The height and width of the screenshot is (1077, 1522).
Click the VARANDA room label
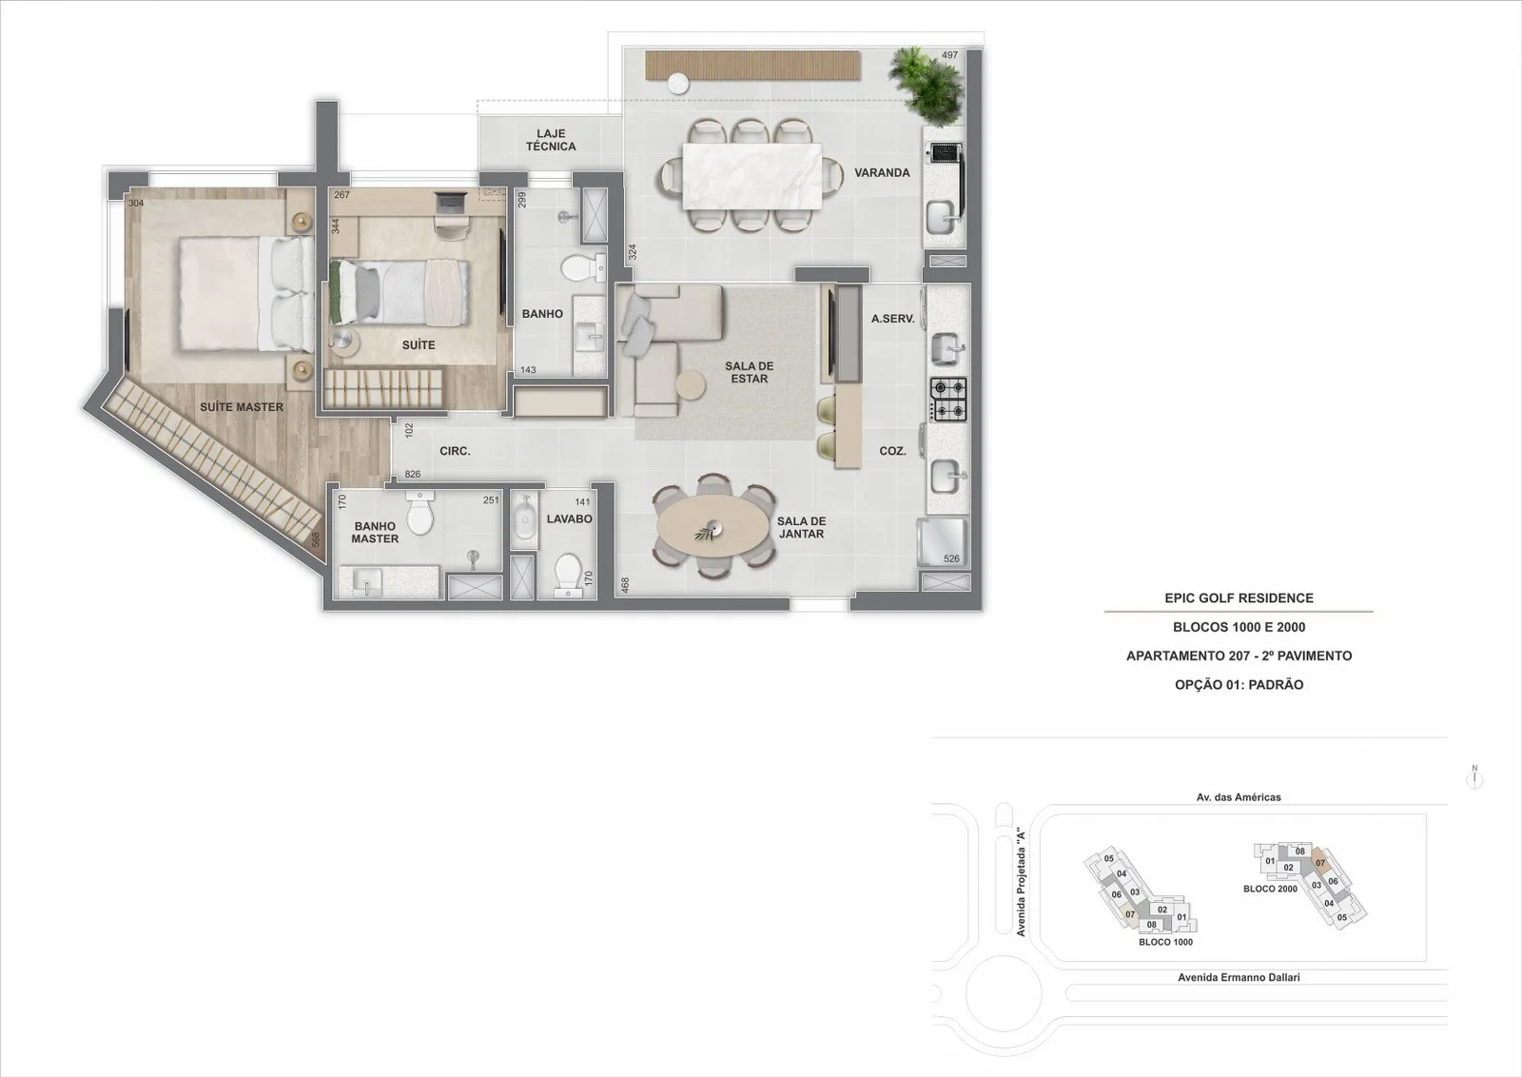coord(882,172)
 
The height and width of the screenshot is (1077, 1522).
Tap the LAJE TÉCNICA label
coord(551,140)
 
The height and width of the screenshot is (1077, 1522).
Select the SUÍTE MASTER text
coord(242,407)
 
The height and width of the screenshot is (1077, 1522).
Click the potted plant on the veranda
coord(926,85)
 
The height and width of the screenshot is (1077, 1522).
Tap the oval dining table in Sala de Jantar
coord(714,527)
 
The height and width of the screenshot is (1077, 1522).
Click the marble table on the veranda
coord(752,176)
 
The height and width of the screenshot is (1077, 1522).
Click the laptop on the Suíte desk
coord(451,203)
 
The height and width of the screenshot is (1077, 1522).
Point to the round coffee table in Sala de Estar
coord(691,385)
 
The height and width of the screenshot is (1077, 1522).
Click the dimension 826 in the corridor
coord(413,475)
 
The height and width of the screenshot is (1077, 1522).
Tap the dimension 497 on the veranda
coord(949,55)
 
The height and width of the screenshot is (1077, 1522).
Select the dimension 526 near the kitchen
coord(951,558)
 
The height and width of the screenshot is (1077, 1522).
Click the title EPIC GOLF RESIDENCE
coord(1239,597)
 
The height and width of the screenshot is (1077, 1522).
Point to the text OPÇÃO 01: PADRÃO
coord(1239,685)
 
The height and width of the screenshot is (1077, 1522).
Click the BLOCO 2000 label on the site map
coord(1270,889)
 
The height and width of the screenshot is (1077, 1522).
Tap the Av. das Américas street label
coord(1239,797)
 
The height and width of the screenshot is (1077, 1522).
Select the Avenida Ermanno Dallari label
coord(1239,977)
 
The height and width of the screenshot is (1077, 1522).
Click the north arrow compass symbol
coord(1474,777)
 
